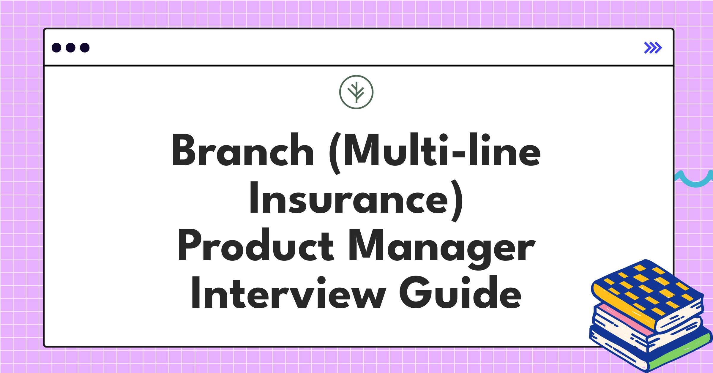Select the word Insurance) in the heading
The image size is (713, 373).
point(356,198)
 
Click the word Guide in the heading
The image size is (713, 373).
point(460,293)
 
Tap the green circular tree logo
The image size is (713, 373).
point(356,92)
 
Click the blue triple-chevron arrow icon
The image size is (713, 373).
point(653,48)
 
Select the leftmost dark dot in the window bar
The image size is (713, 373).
point(56,48)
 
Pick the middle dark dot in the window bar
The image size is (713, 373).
point(70,48)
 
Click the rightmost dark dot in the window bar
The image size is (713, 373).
point(85,48)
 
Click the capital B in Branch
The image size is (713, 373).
point(183,150)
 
